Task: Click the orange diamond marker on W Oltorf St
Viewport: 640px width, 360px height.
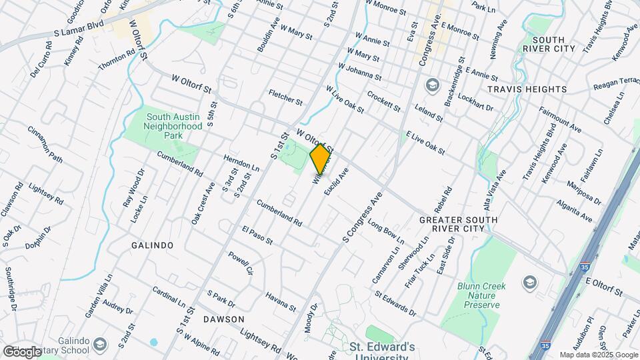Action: (x=321, y=159)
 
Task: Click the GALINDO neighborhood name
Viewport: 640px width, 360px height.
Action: (x=152, y=245)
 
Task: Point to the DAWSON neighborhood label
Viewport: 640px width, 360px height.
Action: (x=223, y=319)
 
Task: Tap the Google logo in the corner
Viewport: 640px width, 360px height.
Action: (x=22, y=351)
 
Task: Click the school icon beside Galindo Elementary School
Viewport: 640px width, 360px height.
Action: (x=100, y=345)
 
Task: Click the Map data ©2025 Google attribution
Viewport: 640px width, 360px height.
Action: (x=597, y=355)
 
